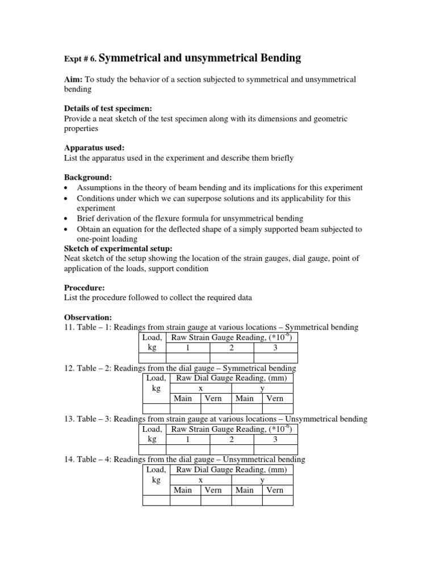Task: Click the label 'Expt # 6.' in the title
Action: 81,59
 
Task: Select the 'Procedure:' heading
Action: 84,288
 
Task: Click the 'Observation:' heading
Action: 87,317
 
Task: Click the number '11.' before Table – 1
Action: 69,327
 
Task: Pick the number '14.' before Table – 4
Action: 69,460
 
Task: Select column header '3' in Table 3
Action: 275,439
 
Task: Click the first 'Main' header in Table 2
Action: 183,398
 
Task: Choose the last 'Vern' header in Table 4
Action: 275,490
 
